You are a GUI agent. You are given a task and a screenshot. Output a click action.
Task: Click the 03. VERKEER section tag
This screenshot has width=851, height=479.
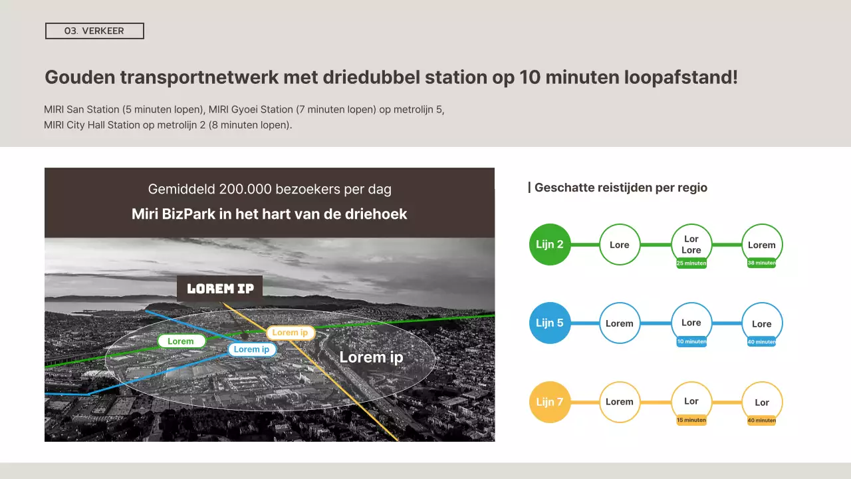[94, 31]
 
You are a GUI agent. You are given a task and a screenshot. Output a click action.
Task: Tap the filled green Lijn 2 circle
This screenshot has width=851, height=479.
[550, 244]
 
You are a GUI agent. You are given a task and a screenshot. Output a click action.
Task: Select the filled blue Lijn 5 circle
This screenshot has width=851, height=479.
[550, 323]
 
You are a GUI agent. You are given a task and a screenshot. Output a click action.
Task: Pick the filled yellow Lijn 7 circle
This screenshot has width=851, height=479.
[550, 402]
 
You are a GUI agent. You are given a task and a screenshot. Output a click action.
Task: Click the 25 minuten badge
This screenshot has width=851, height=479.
[691, 263]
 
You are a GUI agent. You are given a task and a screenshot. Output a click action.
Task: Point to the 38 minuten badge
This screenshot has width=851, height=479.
[762, 263]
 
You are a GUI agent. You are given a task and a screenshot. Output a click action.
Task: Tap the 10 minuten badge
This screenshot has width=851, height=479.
[691, 342]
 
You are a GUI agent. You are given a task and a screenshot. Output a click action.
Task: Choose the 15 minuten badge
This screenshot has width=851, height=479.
[691, 420]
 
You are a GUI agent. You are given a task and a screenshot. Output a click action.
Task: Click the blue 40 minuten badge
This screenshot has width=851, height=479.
[762, 342]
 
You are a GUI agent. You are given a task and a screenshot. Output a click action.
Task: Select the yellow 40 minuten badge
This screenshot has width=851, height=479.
[762, 420]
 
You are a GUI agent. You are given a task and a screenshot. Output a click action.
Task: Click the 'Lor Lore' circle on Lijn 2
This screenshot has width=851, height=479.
[691, 244]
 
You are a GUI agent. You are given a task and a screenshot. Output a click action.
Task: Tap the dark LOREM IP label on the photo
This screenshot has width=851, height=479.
[220, 289]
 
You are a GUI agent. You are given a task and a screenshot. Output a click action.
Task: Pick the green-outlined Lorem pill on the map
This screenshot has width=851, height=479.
[181, 341]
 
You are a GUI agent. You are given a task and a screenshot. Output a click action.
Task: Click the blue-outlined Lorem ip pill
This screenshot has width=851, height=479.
[252, 349]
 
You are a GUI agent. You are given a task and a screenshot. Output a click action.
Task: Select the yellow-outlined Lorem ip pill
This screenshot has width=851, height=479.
[291, 333]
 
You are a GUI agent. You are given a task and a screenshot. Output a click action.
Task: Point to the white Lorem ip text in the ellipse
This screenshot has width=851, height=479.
[371, 357]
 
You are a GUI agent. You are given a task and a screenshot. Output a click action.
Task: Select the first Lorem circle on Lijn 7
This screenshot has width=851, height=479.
[620, 402]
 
